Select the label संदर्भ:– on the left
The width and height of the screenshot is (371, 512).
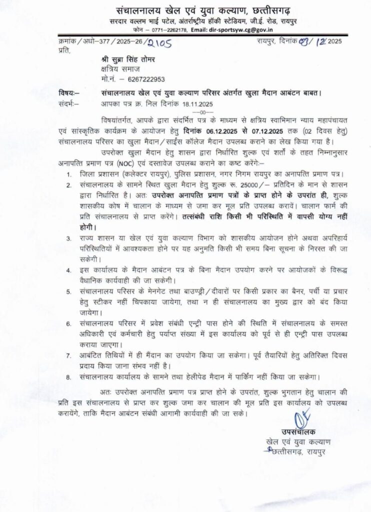69,104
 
